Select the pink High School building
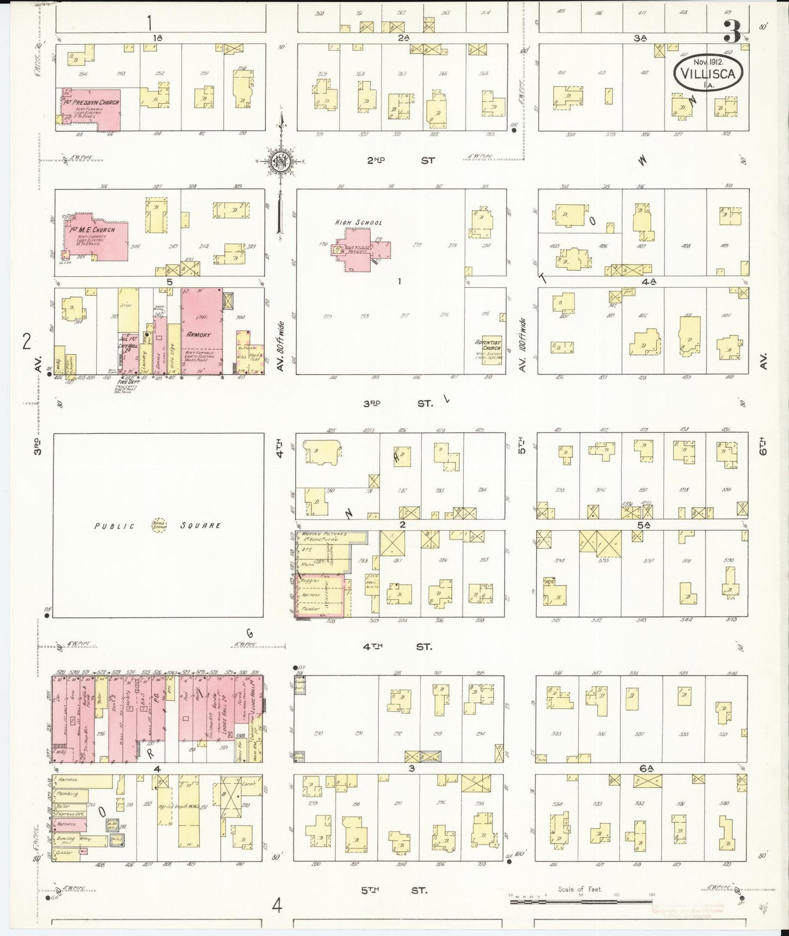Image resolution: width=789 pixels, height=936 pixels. (363, 248)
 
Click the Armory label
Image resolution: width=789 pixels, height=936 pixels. (198, 335)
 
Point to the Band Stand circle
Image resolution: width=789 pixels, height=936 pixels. (159, 525)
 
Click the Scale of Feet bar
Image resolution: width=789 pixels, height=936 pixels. (579, 902)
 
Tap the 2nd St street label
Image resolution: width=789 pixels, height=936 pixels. (401, 161)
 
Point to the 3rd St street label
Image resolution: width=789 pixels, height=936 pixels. (399, 404)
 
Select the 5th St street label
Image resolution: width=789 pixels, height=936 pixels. (394, 891)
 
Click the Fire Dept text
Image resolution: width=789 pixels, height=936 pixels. (130, 382)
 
